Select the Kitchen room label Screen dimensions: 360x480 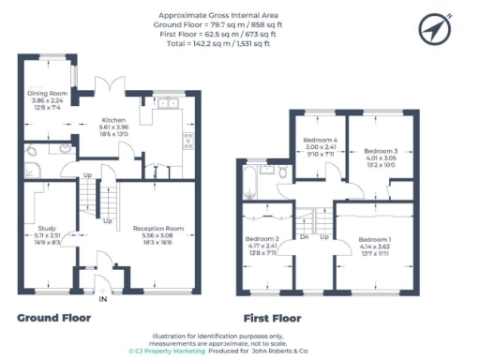point(114,121)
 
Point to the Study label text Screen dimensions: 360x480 point(46,228)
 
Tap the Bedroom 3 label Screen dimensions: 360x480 point(382,151)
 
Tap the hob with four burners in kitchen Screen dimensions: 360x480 point(188,141)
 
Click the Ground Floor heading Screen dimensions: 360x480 point(53,318)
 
